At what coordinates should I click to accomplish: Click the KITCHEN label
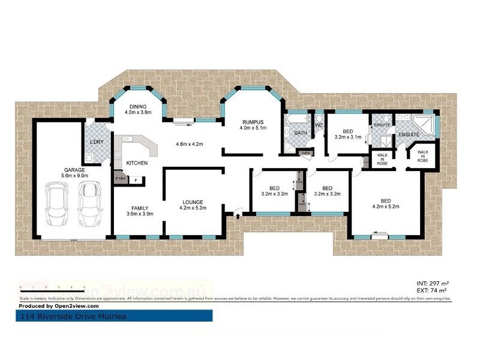137,163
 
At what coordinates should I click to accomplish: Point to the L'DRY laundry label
96,142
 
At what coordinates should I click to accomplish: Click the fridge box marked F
136,180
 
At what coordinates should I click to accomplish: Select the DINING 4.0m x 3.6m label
137,109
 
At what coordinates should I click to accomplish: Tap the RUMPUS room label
253,124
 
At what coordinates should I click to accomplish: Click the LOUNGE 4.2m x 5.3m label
193,205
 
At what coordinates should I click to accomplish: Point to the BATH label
301,133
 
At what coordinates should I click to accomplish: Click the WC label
319,125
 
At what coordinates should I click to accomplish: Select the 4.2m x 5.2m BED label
386,204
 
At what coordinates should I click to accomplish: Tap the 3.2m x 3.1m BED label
347,134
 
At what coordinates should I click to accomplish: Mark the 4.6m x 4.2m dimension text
190,144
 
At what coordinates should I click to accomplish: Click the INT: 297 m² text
433,283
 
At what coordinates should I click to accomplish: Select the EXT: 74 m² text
432,290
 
